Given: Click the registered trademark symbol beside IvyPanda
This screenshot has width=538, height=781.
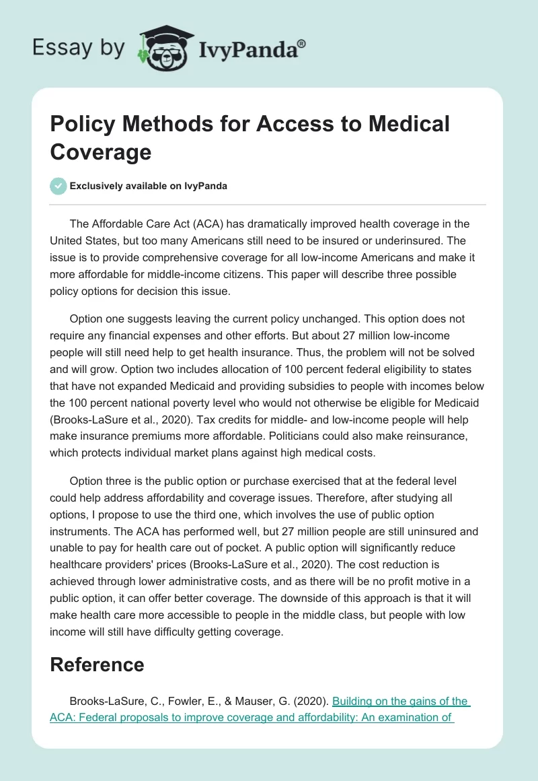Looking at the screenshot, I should tap(302, 44).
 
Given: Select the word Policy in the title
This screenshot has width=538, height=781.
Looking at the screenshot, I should tap(83, 124).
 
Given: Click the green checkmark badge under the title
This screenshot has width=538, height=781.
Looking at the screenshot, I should tap(59, 186).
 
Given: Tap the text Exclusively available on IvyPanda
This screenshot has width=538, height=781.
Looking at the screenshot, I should tap(148, 186).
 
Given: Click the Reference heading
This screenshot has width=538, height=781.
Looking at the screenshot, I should tap(98, 665).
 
